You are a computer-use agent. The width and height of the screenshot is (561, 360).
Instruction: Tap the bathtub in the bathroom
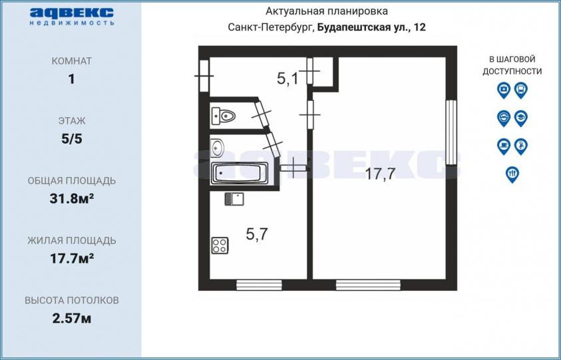pyautogui.click(x=240, y=173)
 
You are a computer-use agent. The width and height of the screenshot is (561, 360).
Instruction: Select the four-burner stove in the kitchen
pyautogui.click(x=220, y=246)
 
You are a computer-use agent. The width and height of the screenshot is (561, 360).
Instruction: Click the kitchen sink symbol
pyautogui.click(x=234, y=198)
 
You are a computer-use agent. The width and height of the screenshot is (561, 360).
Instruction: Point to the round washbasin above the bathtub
pyautogui.click(x=217, y=148)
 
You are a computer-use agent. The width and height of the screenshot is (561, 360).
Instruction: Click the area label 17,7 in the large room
pyautogui.click(x=380, y=174)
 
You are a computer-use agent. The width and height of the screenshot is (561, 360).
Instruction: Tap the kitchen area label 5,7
pyautogui.click(x=257, y=234)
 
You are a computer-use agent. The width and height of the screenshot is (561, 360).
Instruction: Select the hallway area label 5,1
pyautogui.click(x=287, y=79)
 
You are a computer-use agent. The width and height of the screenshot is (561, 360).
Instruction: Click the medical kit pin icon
pyautogui.click(x=503, y=90)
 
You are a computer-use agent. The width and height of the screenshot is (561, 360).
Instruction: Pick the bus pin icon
pyautogui.click(x=521, y=90)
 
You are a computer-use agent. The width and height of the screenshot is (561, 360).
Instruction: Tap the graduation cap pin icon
pyautogui.click(x=521, y=118)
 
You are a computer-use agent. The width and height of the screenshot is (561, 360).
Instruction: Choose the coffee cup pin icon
pyautogui.click(x=503, y=146)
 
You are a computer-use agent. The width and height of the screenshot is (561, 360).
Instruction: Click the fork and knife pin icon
pyautogui.click(x=512, y=174)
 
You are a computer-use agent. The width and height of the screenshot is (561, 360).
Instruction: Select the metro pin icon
pyautogui.click(x=503, y=118)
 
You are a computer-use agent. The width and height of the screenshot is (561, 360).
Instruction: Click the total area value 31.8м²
pyautogui.click(x=72, y=198)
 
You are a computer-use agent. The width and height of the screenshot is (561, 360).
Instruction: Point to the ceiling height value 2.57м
pyautogui.click(x=72, y=318)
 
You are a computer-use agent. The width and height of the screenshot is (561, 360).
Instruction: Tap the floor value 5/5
pyautogui.click(x=72, y=139)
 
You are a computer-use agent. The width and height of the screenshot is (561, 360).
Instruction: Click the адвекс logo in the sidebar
pyautogui.click(x=72, y=16)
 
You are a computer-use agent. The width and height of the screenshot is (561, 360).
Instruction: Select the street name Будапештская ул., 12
pyautogui.click(x=372, y=27)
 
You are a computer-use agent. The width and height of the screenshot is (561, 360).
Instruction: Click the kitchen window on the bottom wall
pyautogui.click(x=259, y=285)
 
